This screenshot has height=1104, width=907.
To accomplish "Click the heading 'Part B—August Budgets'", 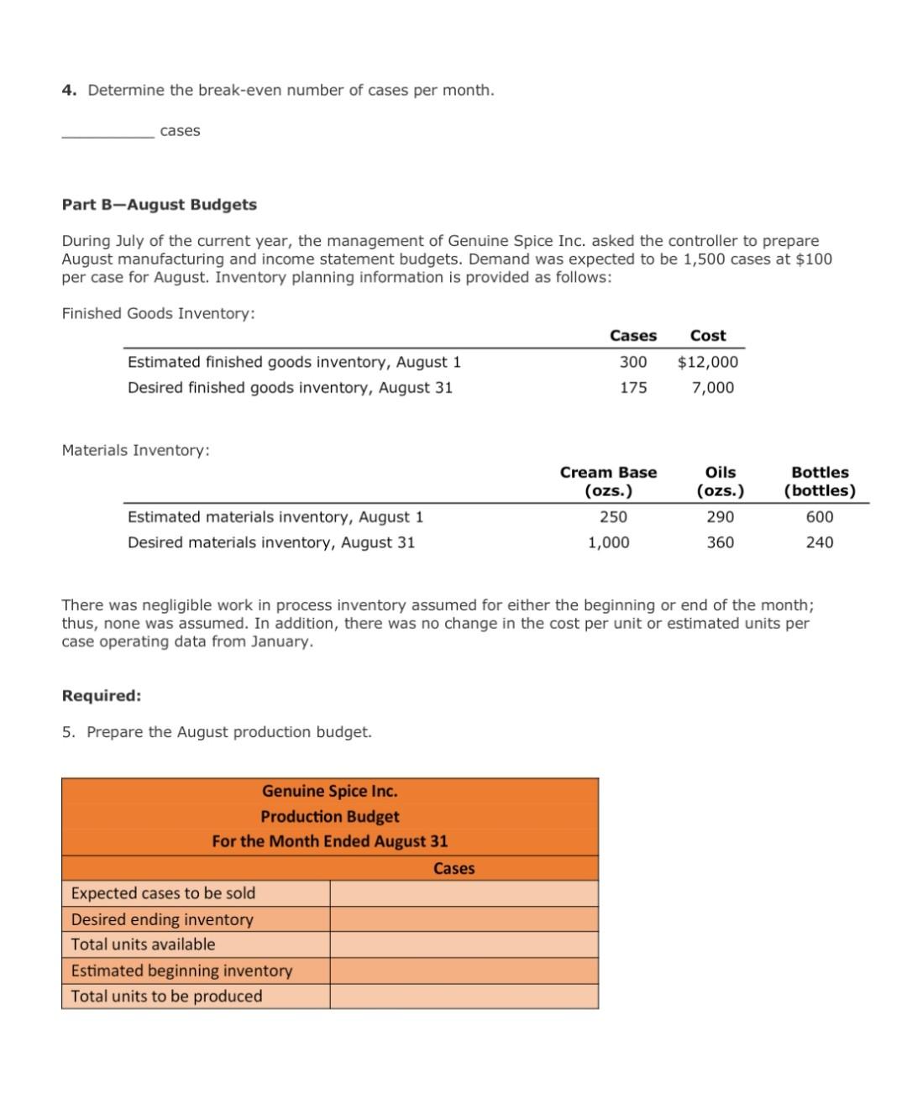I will click(160, 205).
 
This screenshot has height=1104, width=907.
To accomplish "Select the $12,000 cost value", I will click(708, 362).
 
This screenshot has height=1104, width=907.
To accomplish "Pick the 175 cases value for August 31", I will click(633, 387).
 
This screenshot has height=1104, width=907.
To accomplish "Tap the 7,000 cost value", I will click(713, 387).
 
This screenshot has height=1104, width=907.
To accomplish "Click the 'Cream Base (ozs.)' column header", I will click(608, 481).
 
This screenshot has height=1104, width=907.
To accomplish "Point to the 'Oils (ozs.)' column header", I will click(720, 481).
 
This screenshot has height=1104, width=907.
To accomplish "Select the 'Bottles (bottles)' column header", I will click(820, 481).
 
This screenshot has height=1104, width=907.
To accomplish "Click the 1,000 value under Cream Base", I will click(608, 542).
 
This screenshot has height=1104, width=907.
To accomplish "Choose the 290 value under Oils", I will click(720, 516).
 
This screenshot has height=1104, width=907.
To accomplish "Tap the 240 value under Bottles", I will click(820, 542).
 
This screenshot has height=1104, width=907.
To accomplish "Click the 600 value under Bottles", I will click(820, 516).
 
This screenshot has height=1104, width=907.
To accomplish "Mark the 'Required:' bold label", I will click(102, 696).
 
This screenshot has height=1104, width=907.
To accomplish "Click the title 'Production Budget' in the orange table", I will click(330, 816).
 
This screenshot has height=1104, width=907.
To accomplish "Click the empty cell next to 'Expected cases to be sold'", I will click(464, 893).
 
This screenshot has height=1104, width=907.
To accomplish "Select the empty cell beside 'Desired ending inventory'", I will click(464, 919).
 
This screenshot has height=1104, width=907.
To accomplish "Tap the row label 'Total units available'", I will click(143, 944).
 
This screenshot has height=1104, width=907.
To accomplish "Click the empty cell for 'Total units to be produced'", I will click(464, 997).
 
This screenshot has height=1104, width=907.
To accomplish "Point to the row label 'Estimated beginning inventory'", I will click(181, 971).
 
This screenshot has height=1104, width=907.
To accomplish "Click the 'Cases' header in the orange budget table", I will click(453, 868).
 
